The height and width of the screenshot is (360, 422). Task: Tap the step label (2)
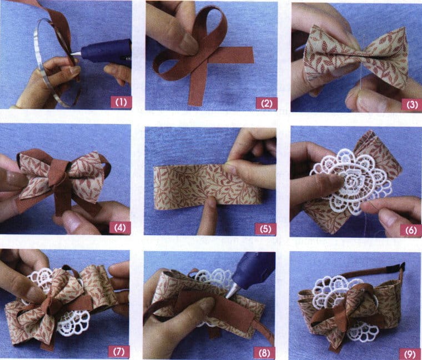[x=265, y=102]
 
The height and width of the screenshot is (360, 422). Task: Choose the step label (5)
[x=265, y=228]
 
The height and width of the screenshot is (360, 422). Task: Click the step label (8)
[x=265, y=352]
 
